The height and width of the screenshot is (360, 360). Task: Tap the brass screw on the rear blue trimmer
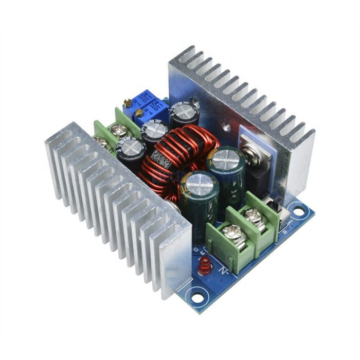(x=127, y=103)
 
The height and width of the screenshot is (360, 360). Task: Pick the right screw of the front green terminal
(x=254, y=215)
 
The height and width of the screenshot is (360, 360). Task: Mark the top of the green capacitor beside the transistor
(x=225, y=159)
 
